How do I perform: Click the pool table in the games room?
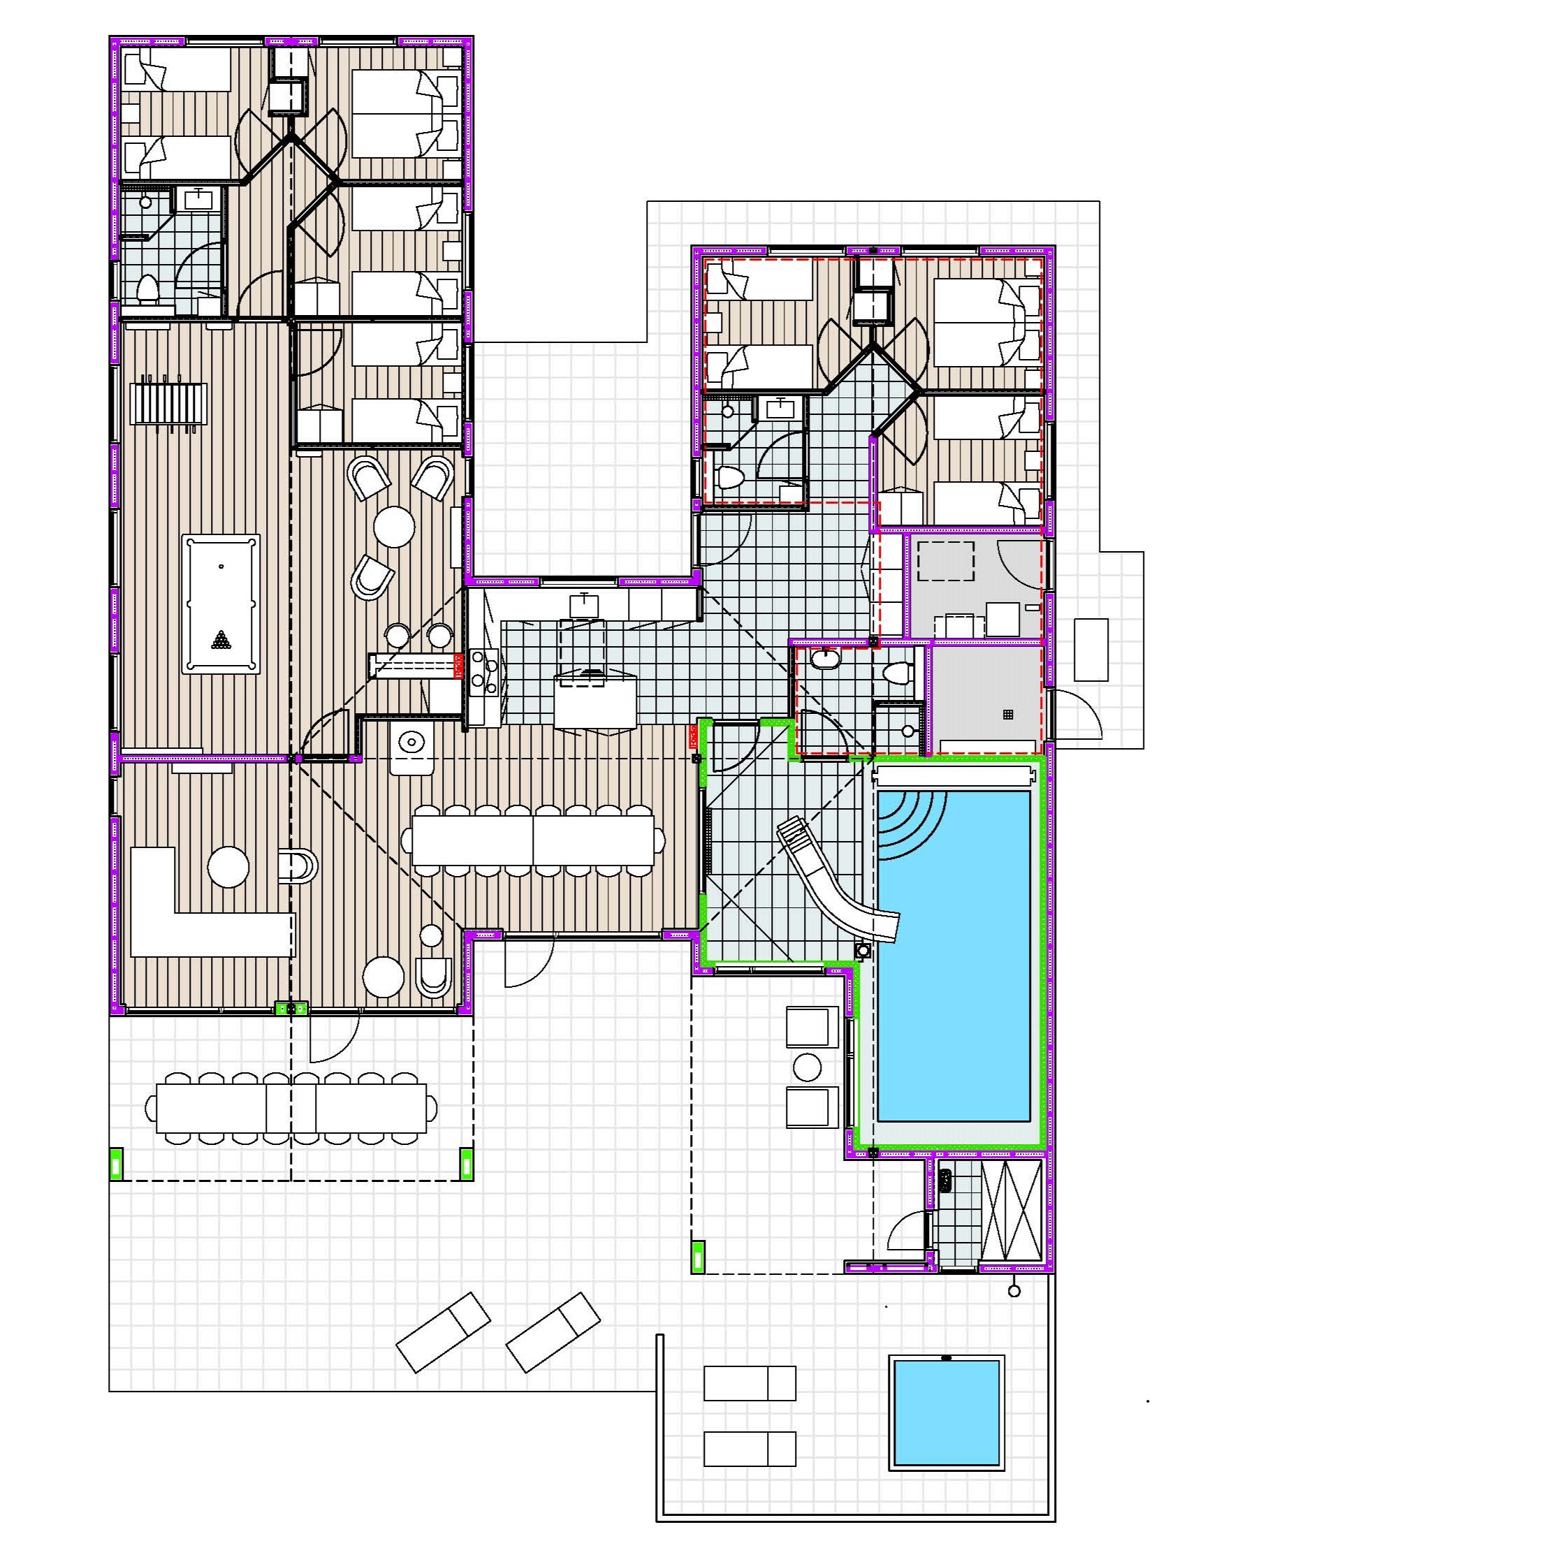point(221,603)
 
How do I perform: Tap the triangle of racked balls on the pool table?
point(221,641)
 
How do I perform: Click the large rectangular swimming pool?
point(954,956)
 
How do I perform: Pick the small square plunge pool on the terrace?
point(947,1412)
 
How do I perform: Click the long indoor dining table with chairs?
point(533,840)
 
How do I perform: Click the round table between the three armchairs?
point(395,527)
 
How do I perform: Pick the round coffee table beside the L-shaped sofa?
point(228,866)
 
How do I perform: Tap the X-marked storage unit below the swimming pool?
point(1012,1212)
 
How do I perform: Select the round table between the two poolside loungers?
point(808,1067)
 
